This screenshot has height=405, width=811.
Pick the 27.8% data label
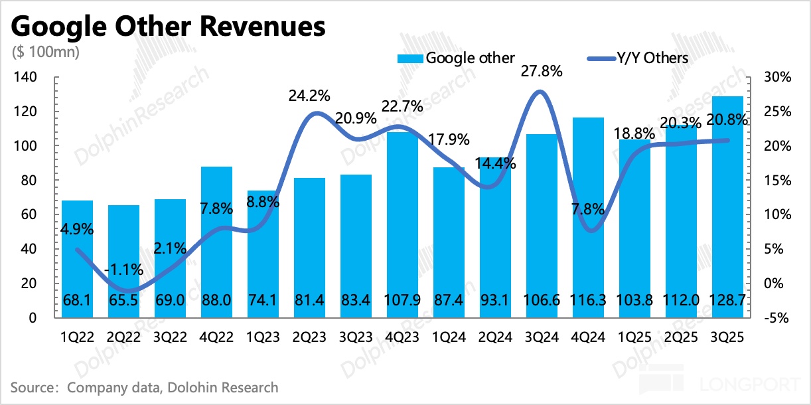(541, 70)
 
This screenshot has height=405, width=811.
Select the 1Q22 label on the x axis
(77, 337)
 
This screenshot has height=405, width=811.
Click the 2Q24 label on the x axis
(495, 337)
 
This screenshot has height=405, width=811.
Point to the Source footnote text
(145, 387)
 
